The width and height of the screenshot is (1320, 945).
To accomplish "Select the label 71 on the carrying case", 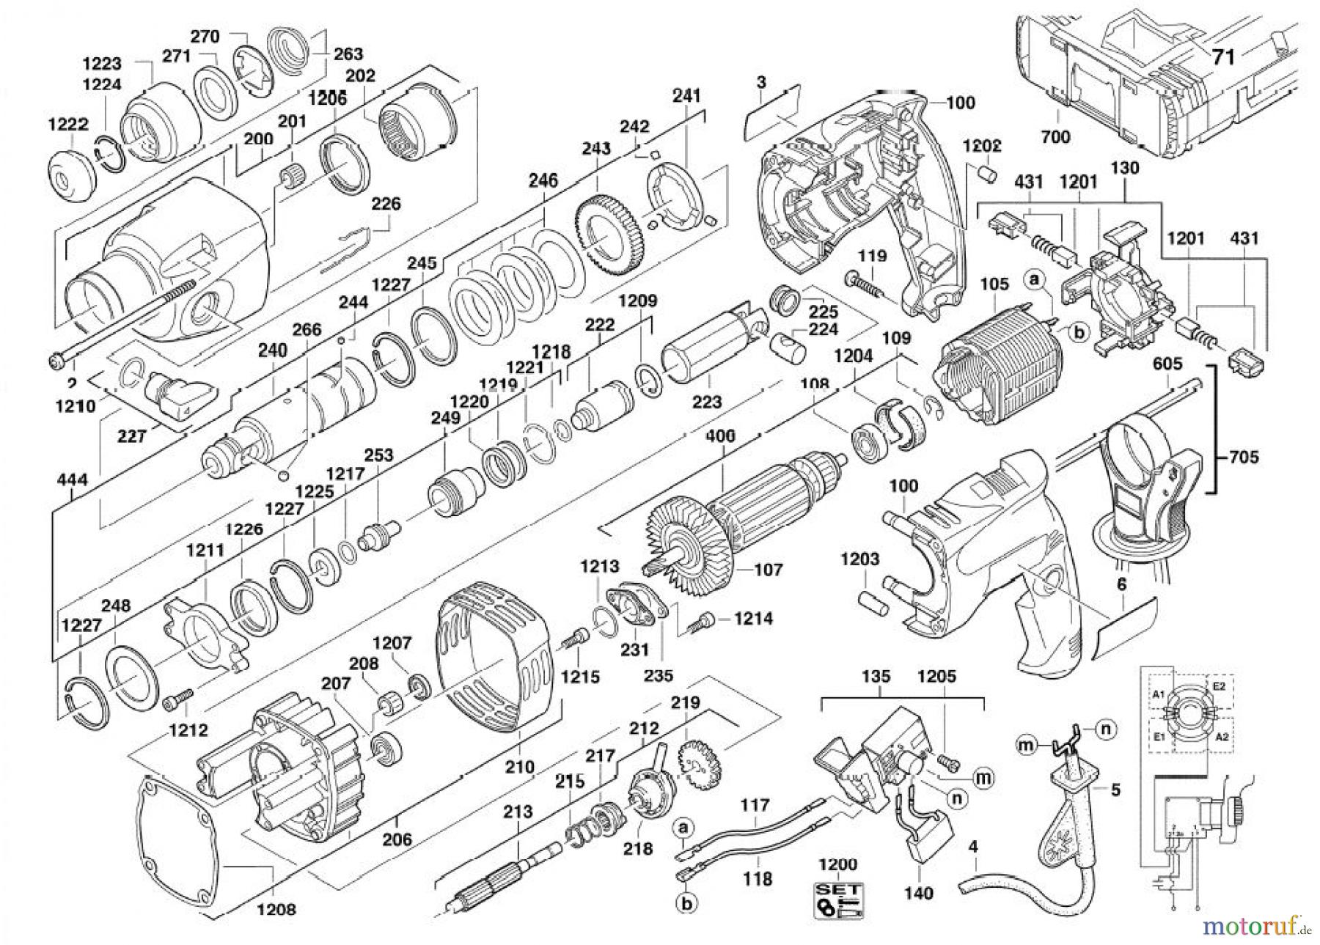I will (x=1222, y=56).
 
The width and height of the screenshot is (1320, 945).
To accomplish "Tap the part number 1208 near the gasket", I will (x=276, y=909).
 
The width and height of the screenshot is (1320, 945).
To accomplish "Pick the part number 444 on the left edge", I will (x=71, y=481).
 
